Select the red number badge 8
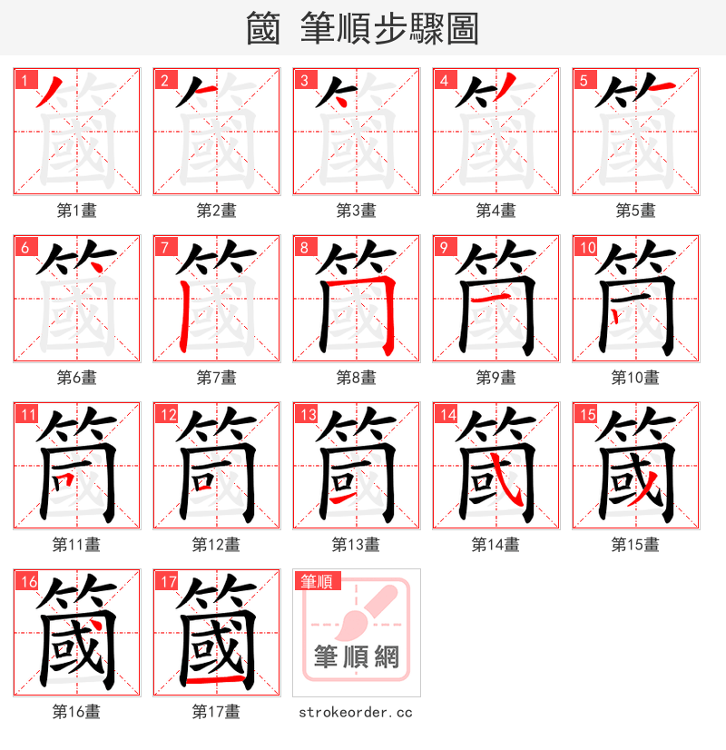pos(304,247)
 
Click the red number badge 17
pos(165,581)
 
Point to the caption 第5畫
pos(635,211)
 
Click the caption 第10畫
pos(635,378)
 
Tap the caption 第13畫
pos(356,545)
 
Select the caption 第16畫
pos(76,712)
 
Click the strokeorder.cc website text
pos(356,712)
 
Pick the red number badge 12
pos(165,414)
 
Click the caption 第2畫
pos(216,211)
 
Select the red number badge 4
pos(444,80)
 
